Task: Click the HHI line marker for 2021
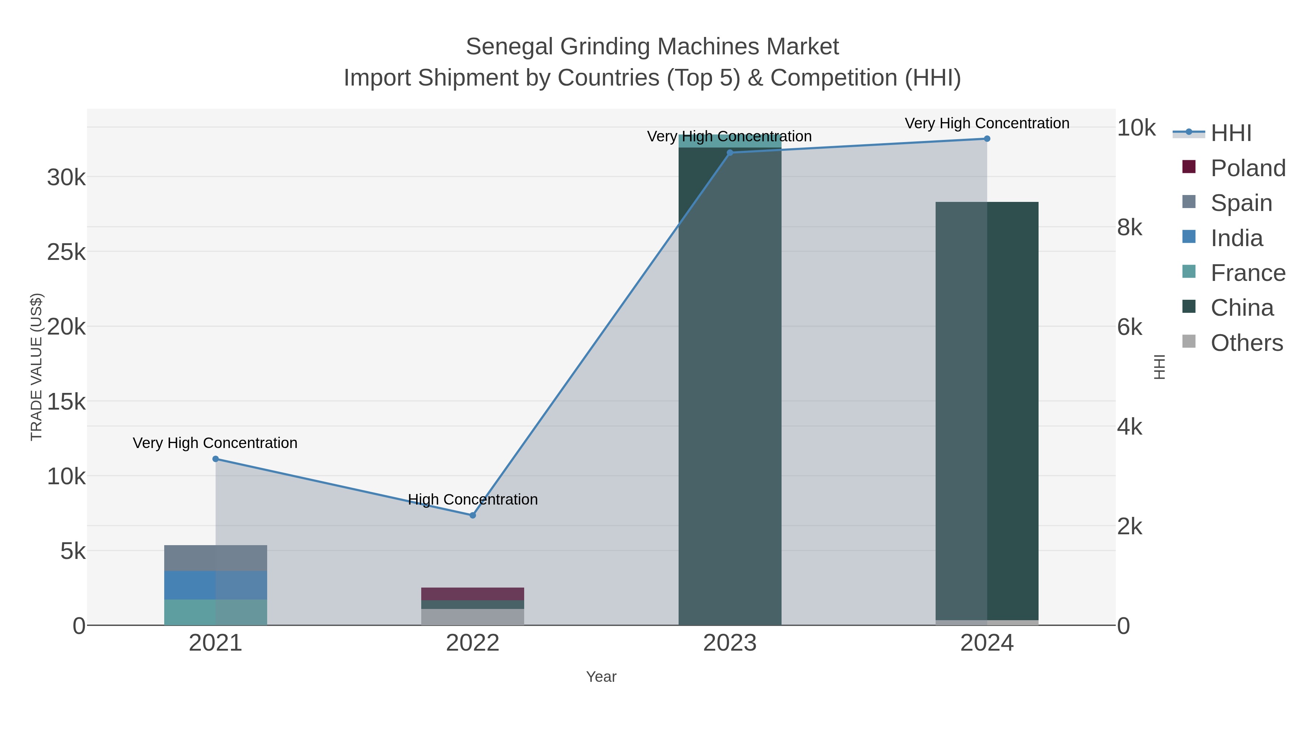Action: click(x=215, y=459)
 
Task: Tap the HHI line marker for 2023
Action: click(x=729, y=153)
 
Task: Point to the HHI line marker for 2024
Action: click(x=987, y=139)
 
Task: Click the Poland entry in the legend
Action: click(x=1248, y=168)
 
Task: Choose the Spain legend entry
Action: click(x=1241, y=203)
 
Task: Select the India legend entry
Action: click(x=1236, y=238)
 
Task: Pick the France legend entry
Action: click(x=1248, y=273)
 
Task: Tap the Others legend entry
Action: click(x=1246, y=343)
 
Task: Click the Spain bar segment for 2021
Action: click(x=215, y=558)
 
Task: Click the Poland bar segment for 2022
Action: click(x=473, y=594)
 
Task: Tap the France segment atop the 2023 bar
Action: click(x=729, y=141)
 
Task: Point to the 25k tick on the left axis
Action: click(x=66, y=252)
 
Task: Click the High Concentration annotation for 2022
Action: click(x=473, y=499)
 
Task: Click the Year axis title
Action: click(x=601, y=677)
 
